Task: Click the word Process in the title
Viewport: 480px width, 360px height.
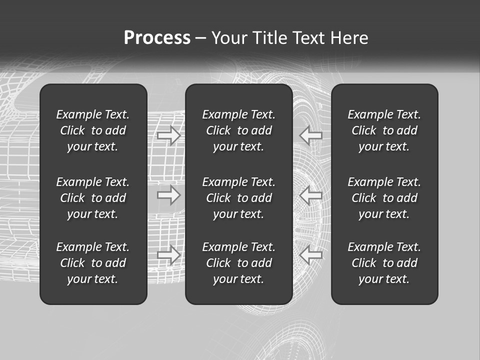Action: (157, 38)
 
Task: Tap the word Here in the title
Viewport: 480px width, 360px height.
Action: (349, 38)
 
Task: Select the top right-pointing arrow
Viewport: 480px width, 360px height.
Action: (169, 135)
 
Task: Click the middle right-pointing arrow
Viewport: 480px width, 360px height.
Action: (169, 195)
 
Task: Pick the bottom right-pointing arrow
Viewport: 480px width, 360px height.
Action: (169, 255)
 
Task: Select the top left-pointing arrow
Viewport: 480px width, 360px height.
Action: (311, 135)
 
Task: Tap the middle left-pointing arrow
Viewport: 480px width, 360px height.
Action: (311, 195)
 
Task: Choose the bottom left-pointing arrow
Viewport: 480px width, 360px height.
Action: (311, 255)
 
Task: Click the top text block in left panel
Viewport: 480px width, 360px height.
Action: (93, 130)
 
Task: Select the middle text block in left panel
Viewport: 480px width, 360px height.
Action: (93, 198)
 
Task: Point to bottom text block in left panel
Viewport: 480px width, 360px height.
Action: (93, 263)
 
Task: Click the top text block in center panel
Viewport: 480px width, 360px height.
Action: (239, 130)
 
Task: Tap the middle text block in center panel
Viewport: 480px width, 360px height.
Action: (239, 198)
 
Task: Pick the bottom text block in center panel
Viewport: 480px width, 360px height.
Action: (239, 263)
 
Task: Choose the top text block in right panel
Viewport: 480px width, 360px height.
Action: (384, 130)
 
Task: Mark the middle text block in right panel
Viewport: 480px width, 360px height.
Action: (384, 198)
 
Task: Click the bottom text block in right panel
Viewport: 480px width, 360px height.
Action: (384, 263)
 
